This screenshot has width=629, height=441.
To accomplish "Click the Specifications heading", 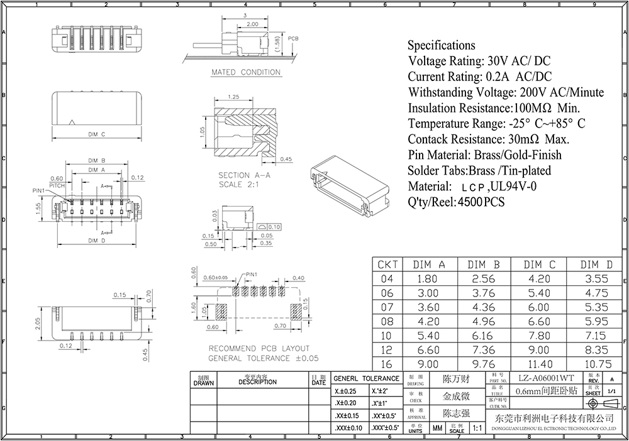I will (x=441, y=45).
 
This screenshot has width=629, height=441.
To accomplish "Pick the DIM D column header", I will (x=596, y=264).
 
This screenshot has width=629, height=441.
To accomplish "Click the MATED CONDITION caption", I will (x=245, y=72).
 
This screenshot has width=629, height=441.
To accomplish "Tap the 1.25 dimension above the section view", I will (x=234, y=97).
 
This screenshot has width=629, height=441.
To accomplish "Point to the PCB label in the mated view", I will (x=293, y=38).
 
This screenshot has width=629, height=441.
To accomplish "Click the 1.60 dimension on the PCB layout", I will (x=194, y=308).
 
